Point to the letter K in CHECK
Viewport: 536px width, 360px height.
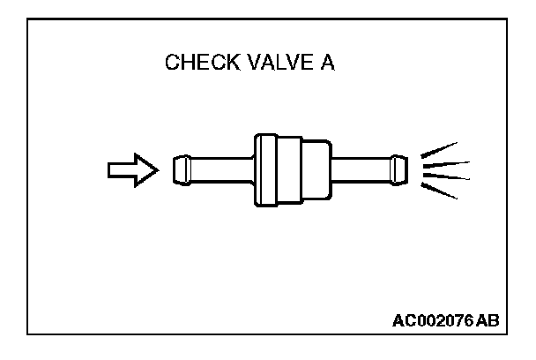(228, 64)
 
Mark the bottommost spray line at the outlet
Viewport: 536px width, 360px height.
(440, 191)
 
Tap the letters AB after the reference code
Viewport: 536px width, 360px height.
(488, 321)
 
